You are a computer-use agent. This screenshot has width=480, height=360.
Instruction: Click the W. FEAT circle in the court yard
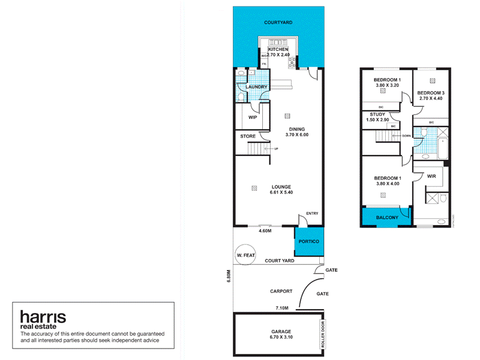click(246, 256)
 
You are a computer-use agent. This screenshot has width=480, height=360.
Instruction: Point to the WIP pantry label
click(253, 118)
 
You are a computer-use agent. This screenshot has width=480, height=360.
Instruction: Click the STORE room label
click(248, 137)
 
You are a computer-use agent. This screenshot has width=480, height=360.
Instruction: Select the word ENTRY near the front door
click(312, 214)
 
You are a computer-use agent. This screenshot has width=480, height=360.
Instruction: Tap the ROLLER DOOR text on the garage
click(322, 335)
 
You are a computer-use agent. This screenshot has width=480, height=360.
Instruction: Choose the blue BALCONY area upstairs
click(386, 218)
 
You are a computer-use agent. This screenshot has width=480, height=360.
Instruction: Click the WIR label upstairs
click(431, 176)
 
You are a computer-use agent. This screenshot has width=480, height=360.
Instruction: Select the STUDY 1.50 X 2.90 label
click(377, 117)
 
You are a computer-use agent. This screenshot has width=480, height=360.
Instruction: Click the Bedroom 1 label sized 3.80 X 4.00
click(387, 182)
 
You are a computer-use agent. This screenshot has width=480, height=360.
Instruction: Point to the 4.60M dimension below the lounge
click(265, 231)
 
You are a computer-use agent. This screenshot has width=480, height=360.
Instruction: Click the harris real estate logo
click(43, 319)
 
